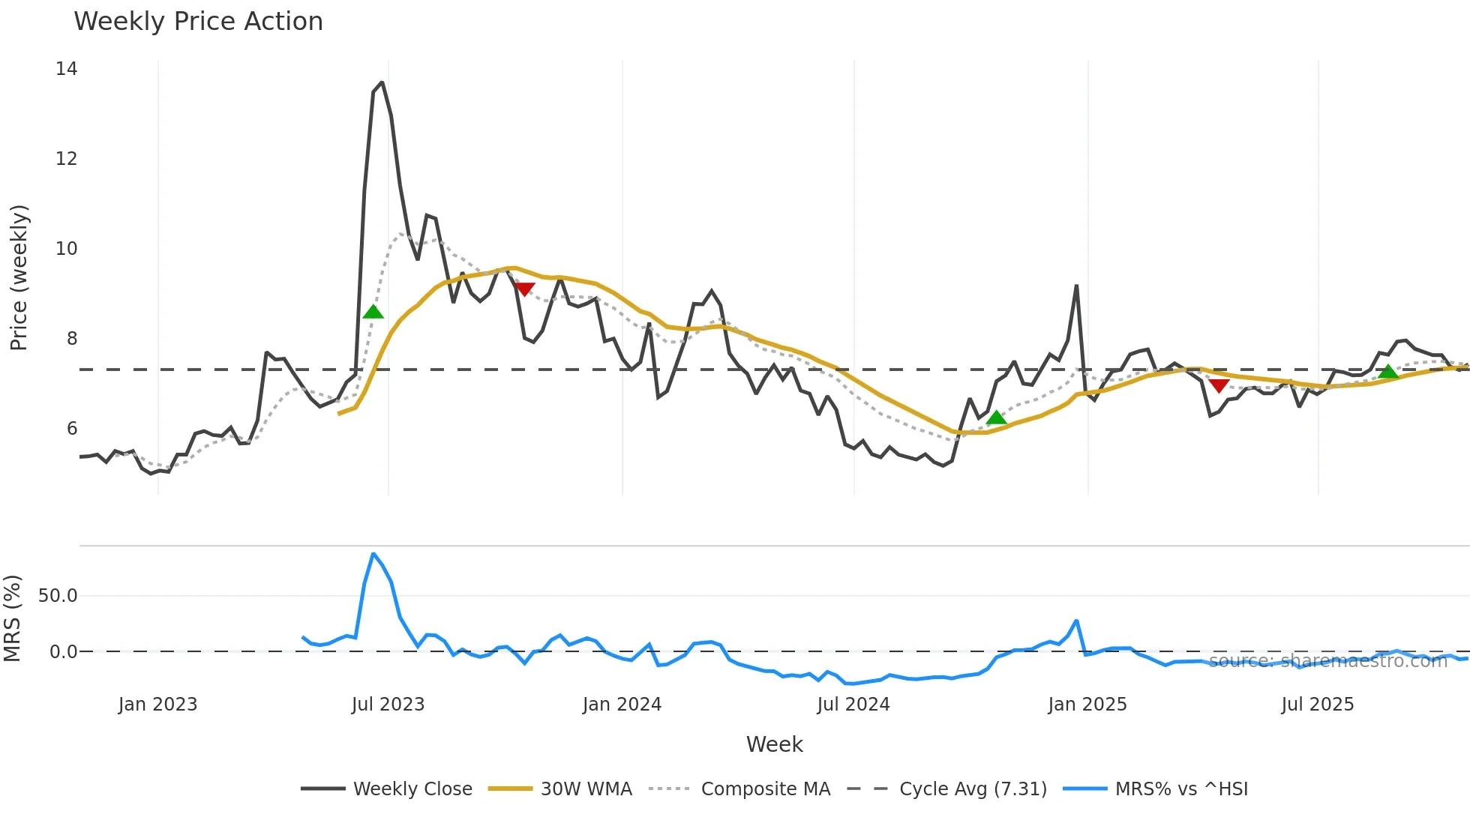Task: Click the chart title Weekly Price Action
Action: [198, 22]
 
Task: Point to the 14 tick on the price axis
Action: [67, 69]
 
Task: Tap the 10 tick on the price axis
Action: [67, 249]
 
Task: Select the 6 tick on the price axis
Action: [72, 429]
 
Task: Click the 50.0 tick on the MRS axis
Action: [58, 596]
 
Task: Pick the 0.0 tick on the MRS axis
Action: [63, 652]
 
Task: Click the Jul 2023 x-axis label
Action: [388, 705]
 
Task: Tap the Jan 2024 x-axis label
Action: [622, 705]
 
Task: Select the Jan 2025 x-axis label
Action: [1087, 705]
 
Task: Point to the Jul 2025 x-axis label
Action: [1317, 705]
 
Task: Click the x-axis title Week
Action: [774, 744]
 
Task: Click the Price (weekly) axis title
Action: [19, 277]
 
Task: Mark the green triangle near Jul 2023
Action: [373, 312]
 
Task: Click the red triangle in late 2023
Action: [524, 289]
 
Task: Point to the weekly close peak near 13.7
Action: [382, 82]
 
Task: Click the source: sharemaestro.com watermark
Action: [1327, 661]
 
